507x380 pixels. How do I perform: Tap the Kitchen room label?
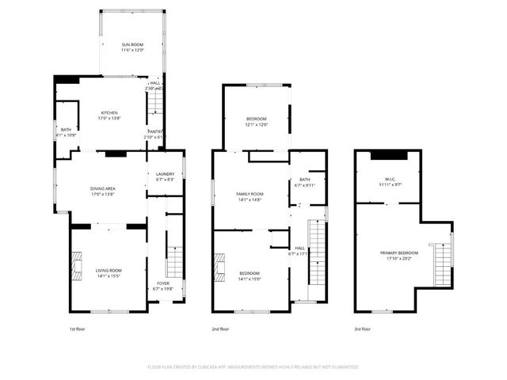pyautogui.click(x=109, y=115)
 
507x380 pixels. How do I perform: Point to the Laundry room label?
pyautogui.click(x=165, y=177)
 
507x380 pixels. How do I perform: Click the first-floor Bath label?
pyautogui.click(x=64, y=132)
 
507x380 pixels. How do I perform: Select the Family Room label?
pyautogui.click(x=250, y=196)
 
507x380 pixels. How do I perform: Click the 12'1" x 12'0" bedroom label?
pyautogui.click(x=256, y=121)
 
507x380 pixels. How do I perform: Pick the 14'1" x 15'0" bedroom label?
pyautogui.click(x=250, y=276)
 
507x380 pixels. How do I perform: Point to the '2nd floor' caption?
pyautogui.click(x=220, y=329)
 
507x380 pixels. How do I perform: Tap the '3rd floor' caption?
pyautogui.click(x=362, y=329)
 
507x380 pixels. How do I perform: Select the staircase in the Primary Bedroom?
pyautogui.click(x=440, y=265)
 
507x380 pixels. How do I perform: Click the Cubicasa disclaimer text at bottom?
pyautogui.click(x=253, y=367)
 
